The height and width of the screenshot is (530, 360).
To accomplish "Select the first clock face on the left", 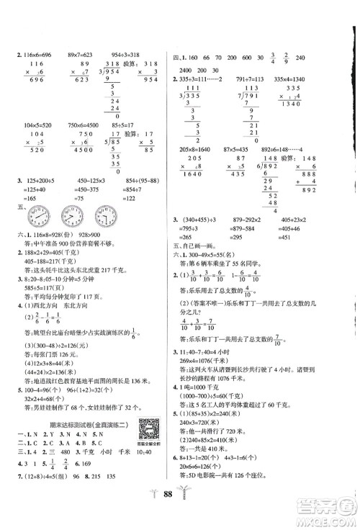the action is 35,278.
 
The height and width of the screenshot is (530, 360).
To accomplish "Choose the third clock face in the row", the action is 109,278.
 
